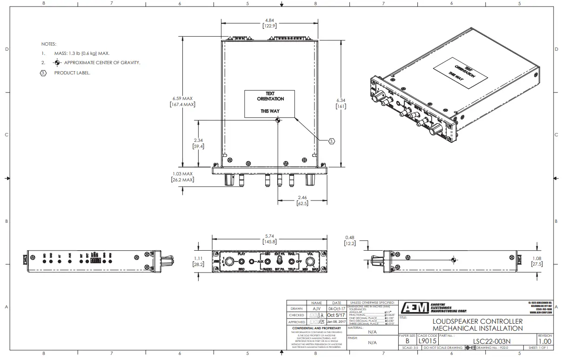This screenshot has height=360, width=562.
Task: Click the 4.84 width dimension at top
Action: click(269, 20)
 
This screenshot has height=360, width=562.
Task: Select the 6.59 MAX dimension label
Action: click(182, 99)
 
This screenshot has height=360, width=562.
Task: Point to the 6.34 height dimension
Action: click(341, 100)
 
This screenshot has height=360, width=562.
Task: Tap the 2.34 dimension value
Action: click(199, 140)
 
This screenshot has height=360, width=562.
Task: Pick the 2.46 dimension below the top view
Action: click(301, 198)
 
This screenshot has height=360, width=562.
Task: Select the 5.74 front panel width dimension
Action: click(269, 236)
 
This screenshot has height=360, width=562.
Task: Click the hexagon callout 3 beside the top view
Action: click(331, 140)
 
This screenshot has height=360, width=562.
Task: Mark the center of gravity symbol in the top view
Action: click(278, 120)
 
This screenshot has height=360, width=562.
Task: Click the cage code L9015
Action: click(427, 341)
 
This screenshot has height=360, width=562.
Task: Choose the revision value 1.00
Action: click(545, 341)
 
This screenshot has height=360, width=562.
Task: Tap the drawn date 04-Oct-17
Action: click(337, 308)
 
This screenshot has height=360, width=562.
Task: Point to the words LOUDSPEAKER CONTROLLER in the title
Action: click(477, 321)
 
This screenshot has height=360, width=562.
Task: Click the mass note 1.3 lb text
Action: click(82, 53)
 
